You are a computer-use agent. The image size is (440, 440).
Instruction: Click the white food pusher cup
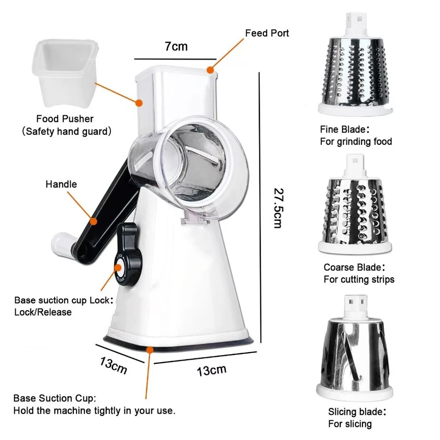(66, 73)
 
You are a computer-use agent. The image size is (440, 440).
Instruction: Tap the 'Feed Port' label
(267, 33)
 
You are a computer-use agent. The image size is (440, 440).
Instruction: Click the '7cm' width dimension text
(176, 46)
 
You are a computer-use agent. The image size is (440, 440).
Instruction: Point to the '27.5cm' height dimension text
(279, 208)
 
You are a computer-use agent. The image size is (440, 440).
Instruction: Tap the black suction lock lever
(128, 254)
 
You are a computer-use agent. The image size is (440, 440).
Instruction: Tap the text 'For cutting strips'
(359, 280)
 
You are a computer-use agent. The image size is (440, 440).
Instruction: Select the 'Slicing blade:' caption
(357, 412)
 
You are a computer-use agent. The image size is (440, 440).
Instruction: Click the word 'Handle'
(61, 184)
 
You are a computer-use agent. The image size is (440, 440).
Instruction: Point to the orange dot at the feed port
(210, 70)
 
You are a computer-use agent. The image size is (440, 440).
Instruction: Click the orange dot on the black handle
(93, 221)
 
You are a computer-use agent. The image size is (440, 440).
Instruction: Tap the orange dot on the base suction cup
(150, 350)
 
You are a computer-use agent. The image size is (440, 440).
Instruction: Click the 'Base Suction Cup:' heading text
(55, 398)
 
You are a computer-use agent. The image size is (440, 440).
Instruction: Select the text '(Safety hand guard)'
(67, 132)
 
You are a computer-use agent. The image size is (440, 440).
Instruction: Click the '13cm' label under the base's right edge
(212, 370)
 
